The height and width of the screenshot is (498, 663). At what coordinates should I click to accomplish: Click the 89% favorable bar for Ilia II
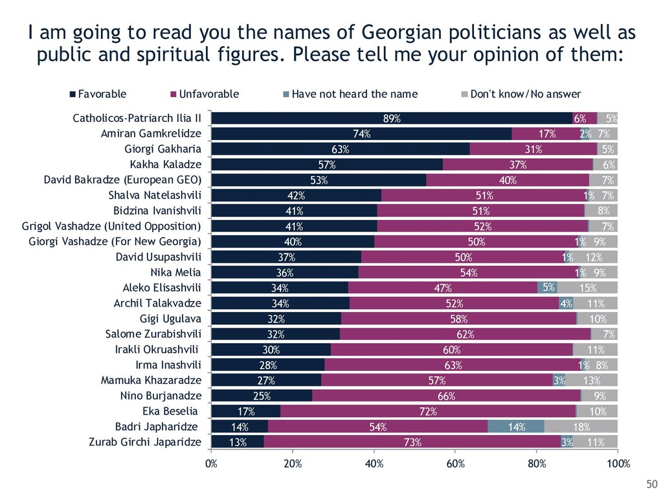(392, 118)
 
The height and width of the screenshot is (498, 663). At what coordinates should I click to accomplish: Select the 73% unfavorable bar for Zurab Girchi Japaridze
(412, 442)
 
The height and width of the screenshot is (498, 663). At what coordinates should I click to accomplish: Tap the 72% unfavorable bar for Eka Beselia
(428, 411)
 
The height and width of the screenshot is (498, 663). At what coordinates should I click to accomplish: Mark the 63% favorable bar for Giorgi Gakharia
(341, 149)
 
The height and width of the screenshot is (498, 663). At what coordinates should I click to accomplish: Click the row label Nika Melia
(175, 272)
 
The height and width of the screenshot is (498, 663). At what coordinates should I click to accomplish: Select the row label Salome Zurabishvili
(153, 334)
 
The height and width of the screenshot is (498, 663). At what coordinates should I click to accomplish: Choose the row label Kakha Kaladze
(166, 165)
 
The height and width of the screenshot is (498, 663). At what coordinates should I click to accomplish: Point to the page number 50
(651, 484)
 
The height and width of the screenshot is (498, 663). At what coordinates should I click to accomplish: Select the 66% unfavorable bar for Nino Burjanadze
(446, 396)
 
